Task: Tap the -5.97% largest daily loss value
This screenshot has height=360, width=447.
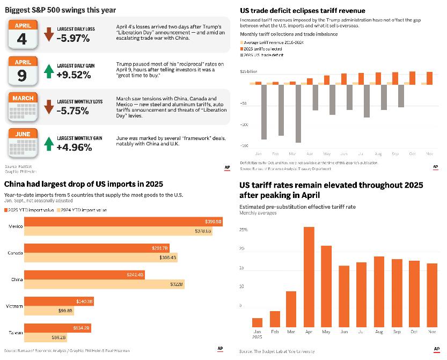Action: [73, 38]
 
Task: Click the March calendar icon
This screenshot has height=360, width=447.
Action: [22, 107]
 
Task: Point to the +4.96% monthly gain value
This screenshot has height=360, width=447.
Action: [74, 147]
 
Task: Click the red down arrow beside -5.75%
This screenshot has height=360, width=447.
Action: [49, 107]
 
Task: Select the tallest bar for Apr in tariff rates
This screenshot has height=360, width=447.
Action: [309, 277]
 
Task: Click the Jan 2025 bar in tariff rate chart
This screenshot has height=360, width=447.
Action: [257, 322]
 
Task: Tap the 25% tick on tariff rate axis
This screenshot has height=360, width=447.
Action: [243, 230]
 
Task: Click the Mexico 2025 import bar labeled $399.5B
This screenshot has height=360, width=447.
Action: [124, 222]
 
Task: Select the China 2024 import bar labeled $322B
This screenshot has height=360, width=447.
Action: [105, 284]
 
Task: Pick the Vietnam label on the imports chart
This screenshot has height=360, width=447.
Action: [14, 306]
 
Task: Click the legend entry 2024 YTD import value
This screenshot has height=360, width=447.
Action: [84, 210]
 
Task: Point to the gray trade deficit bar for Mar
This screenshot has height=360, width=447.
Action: [298, 113]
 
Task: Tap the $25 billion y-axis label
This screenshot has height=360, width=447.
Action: [248, 71]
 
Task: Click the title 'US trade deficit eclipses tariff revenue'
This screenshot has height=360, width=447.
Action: [302, 11]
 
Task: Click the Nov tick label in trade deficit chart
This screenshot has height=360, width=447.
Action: [429, 153]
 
